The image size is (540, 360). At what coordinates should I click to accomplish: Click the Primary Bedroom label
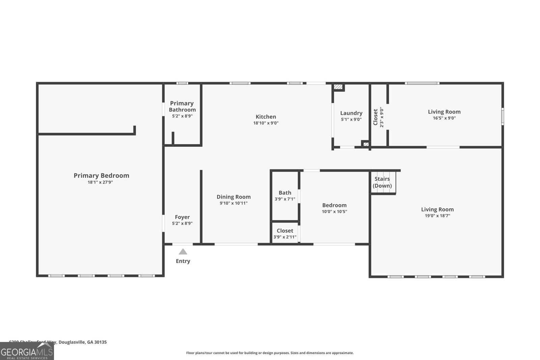coord(101,175)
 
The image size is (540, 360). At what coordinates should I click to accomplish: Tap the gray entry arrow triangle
coord(183,252)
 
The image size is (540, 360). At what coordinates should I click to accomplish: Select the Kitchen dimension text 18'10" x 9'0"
coord(266,123)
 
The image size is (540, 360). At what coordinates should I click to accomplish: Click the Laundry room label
coord(351,113)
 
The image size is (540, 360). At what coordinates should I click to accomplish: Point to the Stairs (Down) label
coord(382,182)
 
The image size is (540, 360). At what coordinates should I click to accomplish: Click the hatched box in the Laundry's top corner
coord(338,87)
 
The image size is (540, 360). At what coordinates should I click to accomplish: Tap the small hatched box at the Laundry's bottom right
coord(366,144)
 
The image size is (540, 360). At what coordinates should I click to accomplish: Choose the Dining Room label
coord(234,197)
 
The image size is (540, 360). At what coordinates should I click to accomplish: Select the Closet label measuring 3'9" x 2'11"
coord(285,231)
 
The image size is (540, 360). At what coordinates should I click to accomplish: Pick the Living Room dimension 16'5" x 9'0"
coord(444,118)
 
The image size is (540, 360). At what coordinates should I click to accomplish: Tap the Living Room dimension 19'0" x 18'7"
coord(437,216)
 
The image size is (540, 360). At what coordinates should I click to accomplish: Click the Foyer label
coord(182,217)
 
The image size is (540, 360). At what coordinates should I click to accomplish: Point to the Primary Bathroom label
coord(182,106)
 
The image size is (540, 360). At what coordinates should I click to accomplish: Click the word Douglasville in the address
coord(72,342)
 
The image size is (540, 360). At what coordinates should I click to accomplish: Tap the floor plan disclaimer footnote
coord(270,353)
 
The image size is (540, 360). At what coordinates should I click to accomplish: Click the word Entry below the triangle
coord(183,261)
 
